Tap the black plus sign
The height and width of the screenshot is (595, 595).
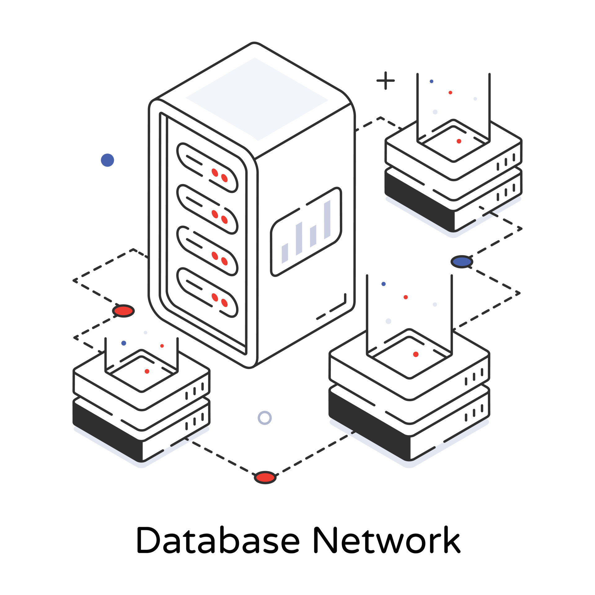click(x=386, y=81)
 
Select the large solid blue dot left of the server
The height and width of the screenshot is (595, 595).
click(x=108, y=160)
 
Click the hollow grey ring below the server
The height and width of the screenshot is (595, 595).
click(x=265, y=418)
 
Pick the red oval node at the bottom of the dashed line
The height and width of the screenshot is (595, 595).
click(x=265, y=478)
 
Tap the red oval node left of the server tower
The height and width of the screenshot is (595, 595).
click(x=123, y=311)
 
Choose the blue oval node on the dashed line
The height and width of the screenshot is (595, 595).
click(x=462, y=262)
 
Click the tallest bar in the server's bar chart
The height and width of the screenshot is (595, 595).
click(x=327, y=219)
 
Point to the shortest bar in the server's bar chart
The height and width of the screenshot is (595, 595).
click(x=285, y=253)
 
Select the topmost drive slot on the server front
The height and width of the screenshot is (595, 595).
click(x=207, y=168)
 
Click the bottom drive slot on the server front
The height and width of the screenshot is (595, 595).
click(x=207, y=292)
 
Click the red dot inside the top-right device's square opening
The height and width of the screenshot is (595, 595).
click(x=459, y=141)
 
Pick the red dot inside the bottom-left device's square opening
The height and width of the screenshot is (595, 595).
click(x=147, y=371)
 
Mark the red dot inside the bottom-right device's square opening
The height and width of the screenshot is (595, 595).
click(x=416, y=354)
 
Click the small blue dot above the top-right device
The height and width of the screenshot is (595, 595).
click(x=431, y=81)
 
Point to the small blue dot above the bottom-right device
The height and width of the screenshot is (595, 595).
click(x=383, y=284)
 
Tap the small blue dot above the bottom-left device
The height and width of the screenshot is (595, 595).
click(x=124, y=343)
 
